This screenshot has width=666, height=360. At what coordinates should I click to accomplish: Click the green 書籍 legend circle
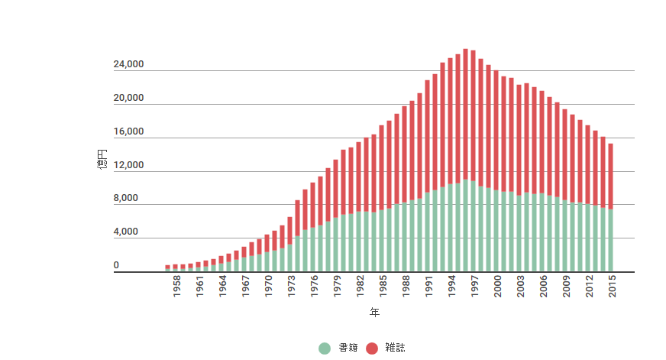(325, 348)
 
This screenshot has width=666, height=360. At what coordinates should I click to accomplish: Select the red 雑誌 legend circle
(372, 348)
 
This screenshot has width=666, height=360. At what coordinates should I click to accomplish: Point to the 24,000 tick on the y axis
(128, 65)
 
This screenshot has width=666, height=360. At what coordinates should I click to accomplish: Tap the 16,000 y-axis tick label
(128, 132)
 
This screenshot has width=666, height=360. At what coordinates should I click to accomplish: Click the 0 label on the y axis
(117, 266)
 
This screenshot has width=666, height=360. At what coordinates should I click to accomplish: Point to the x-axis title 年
(374, 313)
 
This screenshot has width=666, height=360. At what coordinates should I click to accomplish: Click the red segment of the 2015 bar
(611, 176)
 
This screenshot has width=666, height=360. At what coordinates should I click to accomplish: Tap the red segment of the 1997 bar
(474, 115)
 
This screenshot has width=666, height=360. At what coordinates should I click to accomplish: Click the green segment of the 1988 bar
(405, 237)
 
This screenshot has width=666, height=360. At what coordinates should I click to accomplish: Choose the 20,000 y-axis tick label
(128, 99)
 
